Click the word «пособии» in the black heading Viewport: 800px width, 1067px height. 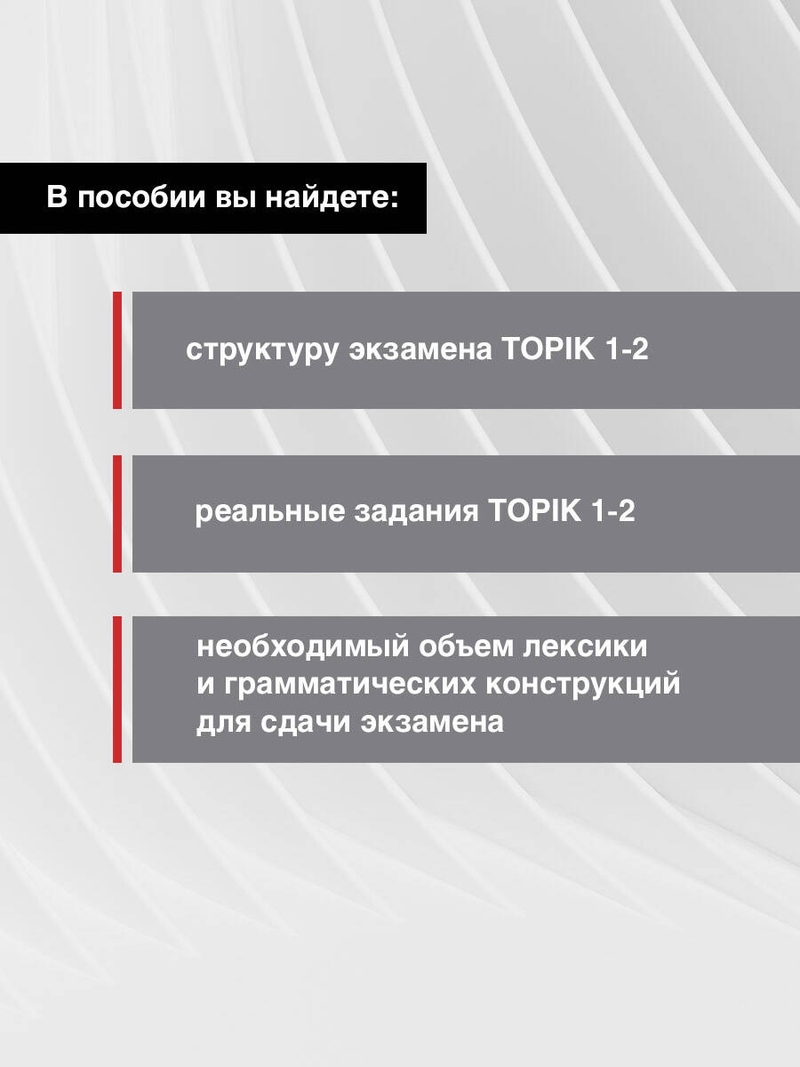(x=141, y=197)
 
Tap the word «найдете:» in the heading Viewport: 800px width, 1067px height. (x=332, y=198)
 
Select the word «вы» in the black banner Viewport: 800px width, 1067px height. (x=236, y=198)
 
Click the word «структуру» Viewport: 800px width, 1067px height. (x=261, y=350)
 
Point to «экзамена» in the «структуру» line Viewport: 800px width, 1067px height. (x=420, y=350)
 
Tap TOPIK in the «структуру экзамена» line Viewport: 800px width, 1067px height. (x=548, y=349)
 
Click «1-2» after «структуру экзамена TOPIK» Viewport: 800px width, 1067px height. (x=627, y=349)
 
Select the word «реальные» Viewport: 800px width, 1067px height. (x=269, y=511)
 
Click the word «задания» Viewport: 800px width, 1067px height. (x=416, y=512)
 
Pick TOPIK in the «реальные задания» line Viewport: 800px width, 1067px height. (x=535, y=510)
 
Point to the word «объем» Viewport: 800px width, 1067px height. (x=466, y=647)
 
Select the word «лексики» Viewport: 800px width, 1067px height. (x=585, y=647)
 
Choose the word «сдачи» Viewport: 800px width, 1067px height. (x=305, y=722)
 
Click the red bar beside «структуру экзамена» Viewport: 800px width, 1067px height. (x=117, y=350)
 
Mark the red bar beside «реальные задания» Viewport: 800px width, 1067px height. (x=117, y=514)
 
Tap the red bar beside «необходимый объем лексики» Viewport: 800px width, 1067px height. (x=117, y=689)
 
